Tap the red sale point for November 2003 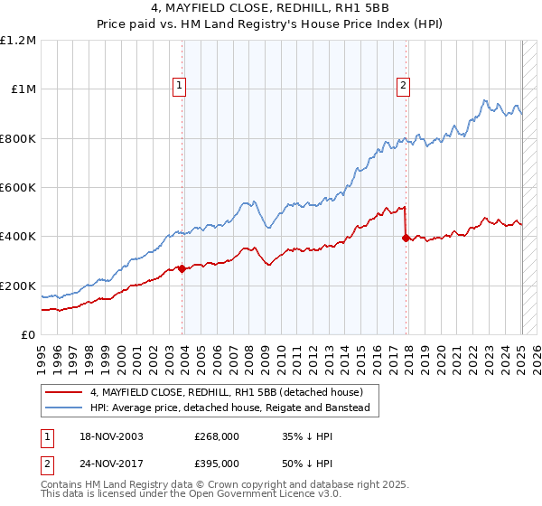click(x=182, y=268)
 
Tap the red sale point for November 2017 click(x=406, y=238)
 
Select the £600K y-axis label click(x=17, y=188)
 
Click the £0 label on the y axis click(x=28, y=335)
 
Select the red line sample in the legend click(x=63, y=392)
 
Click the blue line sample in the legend click(x=63, y=408)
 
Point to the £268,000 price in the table click(x=216, y=436)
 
